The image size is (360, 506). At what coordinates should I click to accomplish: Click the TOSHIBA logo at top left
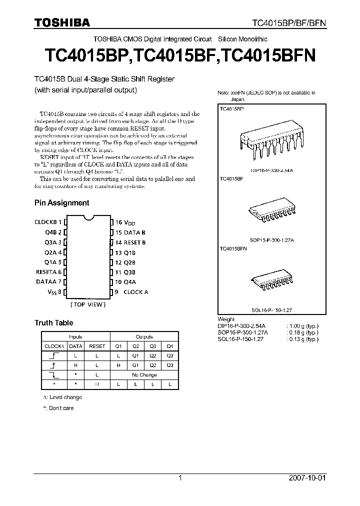[62, 22]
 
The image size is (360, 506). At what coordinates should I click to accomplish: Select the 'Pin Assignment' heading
[61, 203]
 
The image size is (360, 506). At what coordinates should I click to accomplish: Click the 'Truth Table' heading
[53, 323]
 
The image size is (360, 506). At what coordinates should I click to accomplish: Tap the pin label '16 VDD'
[125, 222]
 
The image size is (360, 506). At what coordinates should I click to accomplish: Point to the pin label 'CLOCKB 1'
[48, 222]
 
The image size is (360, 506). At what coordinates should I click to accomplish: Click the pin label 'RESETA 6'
[49, 272]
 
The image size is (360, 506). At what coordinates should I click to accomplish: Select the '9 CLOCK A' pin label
[131, 292]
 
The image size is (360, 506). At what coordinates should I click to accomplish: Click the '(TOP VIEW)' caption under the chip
[88, 304]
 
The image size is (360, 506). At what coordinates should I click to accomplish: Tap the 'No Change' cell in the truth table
[144, 374]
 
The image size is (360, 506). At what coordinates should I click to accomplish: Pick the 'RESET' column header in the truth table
[97, 346]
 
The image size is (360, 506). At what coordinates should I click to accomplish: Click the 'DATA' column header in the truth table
[75, 346]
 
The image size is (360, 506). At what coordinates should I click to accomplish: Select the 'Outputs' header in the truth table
[144, 337]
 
